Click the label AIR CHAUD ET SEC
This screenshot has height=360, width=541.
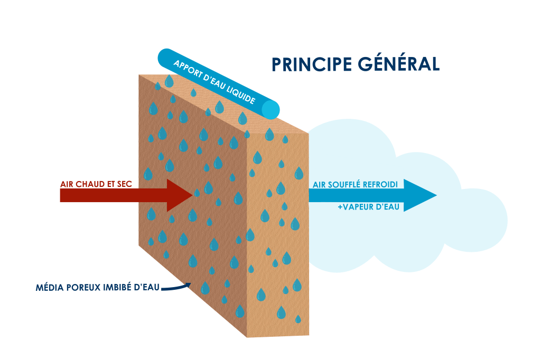[96, 184]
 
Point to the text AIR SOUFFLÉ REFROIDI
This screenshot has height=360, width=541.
[358, 184]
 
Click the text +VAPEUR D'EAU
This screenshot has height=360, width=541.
[368, 207]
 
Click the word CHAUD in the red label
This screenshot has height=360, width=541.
[90, 184]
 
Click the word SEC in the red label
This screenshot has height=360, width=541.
[124, 184]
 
